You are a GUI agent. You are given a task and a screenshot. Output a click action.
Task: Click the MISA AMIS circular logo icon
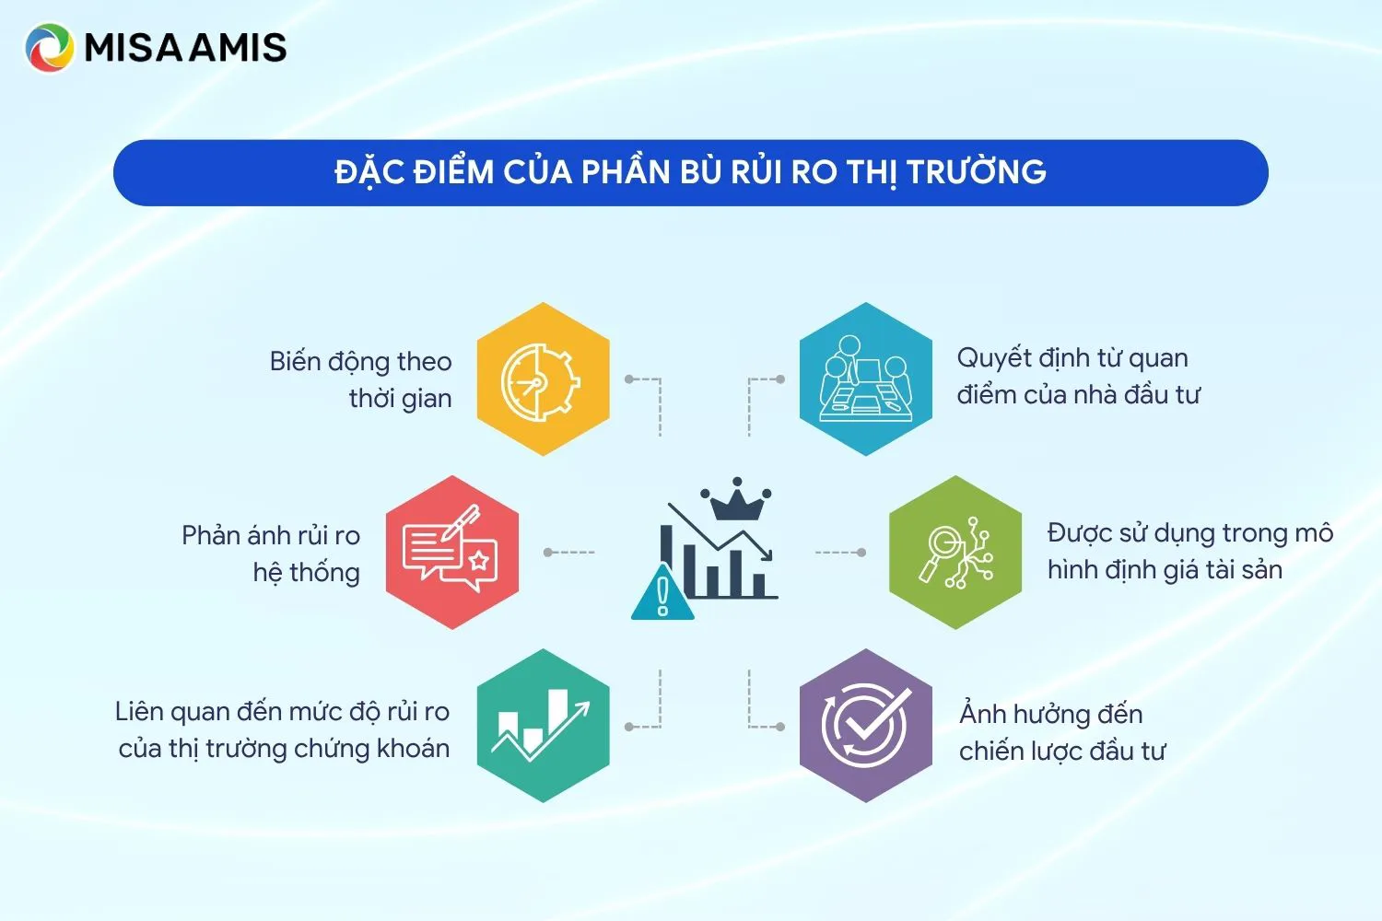49,48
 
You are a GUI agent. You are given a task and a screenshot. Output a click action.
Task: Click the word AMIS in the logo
238,48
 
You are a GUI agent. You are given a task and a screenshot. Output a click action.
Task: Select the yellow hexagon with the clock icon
543,379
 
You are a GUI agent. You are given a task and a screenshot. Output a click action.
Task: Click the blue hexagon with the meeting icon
865,379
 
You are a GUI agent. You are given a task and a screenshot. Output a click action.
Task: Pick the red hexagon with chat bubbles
451,553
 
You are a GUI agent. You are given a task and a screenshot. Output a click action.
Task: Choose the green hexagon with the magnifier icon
955,553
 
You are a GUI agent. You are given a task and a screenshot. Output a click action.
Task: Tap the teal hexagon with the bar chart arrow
543,726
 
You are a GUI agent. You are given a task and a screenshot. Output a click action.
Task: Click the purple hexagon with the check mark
865,726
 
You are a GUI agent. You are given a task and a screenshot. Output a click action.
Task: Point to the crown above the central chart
735,500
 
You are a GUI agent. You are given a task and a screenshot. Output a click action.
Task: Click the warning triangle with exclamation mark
662,594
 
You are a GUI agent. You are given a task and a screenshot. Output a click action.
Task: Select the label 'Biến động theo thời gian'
361,379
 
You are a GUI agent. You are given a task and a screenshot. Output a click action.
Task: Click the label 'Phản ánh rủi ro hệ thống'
272,554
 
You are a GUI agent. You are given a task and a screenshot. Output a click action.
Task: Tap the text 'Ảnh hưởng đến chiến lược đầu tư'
1061,732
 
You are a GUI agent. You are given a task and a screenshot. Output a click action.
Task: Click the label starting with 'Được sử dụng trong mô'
1189,551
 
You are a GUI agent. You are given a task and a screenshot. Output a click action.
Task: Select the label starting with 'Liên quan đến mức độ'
283,729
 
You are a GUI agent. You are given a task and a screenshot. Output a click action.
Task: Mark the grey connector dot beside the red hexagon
548,553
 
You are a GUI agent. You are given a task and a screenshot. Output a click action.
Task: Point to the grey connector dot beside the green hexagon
861,553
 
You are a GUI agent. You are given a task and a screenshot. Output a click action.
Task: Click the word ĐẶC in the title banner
369,172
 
